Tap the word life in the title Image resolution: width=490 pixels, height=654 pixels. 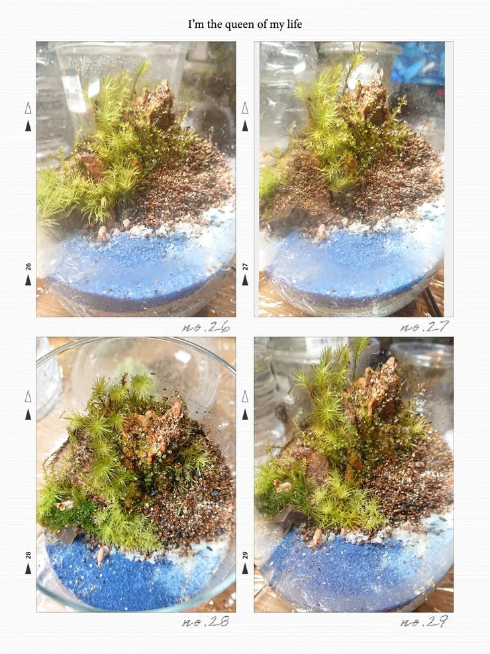click(x=294, y=25)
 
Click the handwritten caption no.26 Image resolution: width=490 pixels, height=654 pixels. click(x=206, y=327)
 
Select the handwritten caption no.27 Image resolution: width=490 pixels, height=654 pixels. click(x=424, y=327)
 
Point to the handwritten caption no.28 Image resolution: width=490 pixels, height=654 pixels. click(x=206, y=622)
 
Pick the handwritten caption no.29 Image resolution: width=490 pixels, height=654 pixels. click(x=424, y=622)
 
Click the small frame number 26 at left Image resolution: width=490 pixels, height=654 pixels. click(x=28, y=266)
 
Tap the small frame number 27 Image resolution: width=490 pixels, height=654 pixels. click(x=245, y=266)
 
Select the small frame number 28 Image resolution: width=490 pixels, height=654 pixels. click(x=28, y=555)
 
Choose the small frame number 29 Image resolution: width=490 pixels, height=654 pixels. click(x=245, y=555)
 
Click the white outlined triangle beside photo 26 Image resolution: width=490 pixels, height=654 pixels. click(x=28, y=109)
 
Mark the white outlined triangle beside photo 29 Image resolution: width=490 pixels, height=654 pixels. click(x=245, y=397)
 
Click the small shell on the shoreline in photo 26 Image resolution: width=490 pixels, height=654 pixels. click(x=103, y=235)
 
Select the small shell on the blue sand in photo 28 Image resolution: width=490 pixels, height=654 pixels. click(x=101, y=555)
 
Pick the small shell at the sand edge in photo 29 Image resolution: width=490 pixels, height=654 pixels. click(x=317, y=537)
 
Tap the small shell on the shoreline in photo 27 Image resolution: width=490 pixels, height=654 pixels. click(x=321, y=232)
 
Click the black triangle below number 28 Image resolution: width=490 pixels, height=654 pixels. click(x=28, y=568)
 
